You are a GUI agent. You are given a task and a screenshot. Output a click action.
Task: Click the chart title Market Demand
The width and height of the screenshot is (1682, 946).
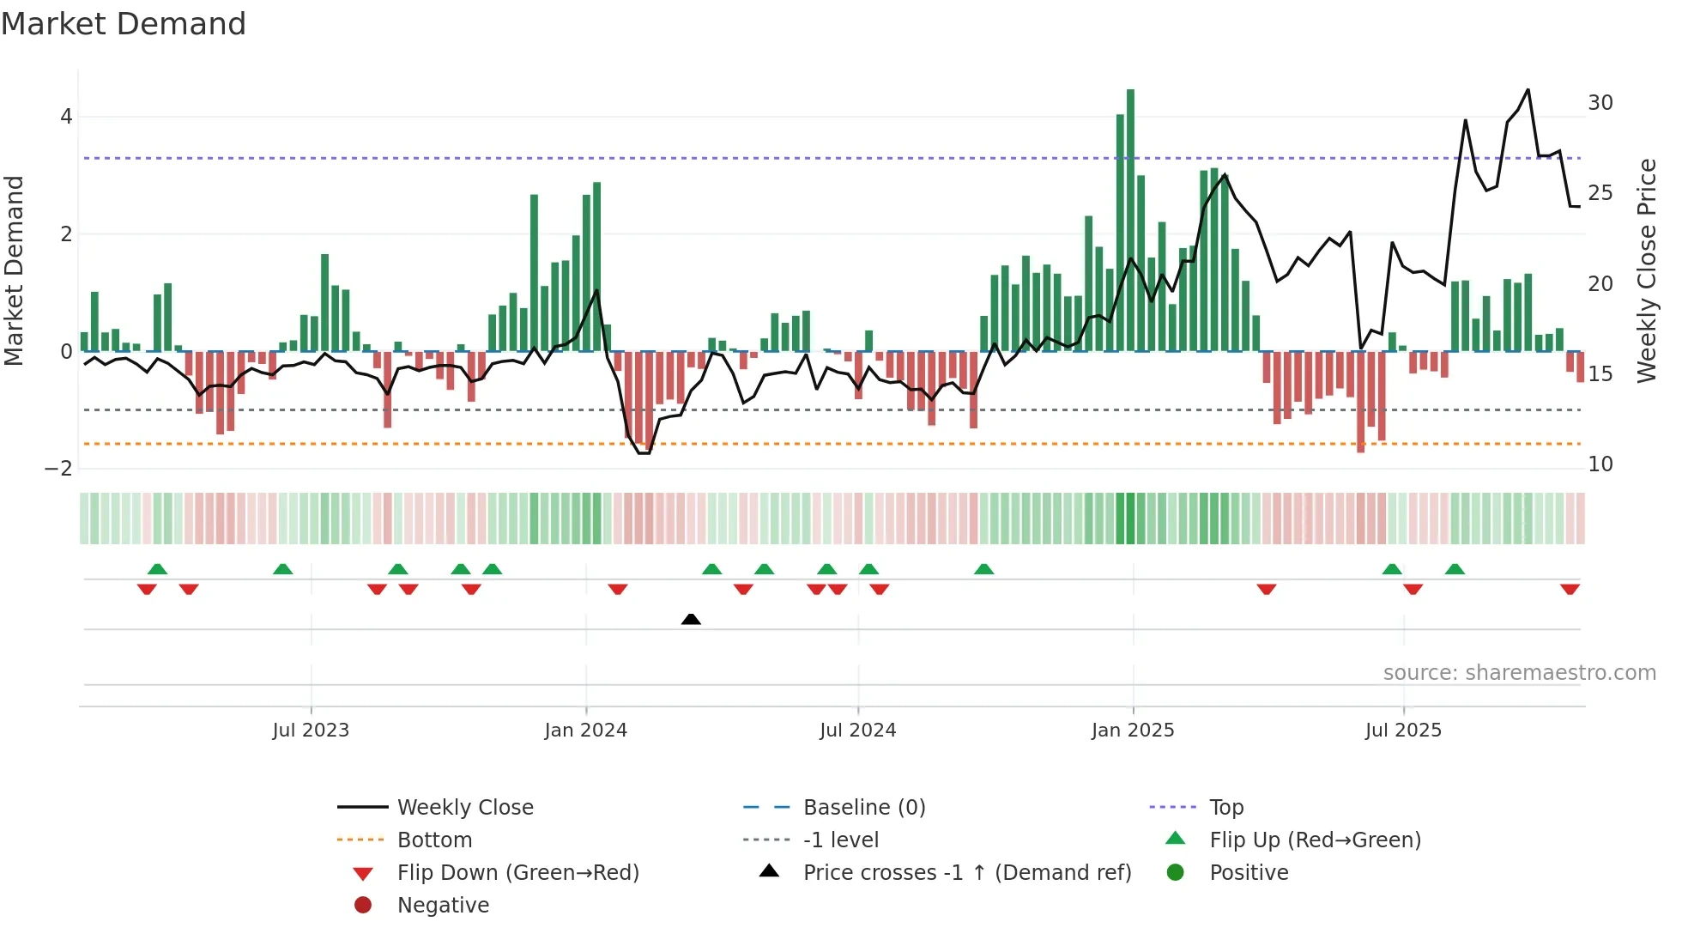[x=124, y=24]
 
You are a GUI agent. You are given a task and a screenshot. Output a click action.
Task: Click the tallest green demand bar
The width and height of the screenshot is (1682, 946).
[x=1130, y=220]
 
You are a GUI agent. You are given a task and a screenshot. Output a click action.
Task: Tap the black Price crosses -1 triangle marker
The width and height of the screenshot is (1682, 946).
[x=691, y=619]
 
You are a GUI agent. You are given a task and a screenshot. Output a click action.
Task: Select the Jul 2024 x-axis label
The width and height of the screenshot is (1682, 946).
[x=857, y=731]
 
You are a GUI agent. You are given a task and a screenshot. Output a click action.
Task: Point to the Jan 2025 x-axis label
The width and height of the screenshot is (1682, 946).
[x=1132, y=731]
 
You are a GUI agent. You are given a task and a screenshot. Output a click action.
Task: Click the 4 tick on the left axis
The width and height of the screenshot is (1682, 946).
[x=66, y=117]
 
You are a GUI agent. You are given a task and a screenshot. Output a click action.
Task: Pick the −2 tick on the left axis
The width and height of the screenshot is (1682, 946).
[x=58, y=469]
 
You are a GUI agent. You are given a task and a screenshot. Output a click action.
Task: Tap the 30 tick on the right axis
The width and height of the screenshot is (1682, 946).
[x=1600, y=103]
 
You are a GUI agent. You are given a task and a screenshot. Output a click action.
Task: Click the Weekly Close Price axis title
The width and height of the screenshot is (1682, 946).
[x=1646, y=270]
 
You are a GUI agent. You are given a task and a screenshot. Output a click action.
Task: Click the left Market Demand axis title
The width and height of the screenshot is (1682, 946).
[x=15, y=270]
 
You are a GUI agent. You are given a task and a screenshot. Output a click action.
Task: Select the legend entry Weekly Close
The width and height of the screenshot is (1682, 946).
[x=464, y=808]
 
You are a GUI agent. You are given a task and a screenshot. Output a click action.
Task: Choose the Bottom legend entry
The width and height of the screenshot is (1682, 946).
[x=434, y=840]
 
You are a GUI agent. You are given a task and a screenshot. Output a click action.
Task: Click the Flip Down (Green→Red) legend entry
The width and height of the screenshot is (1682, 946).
[x=517, y=873]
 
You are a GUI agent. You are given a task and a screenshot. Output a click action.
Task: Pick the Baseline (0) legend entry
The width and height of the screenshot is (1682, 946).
[x=863, y=808]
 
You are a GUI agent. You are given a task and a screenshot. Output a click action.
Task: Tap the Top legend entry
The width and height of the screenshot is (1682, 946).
[x=1225, y=808]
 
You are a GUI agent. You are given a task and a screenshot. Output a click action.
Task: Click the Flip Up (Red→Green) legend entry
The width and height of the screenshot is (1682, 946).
[x=1315, y=840]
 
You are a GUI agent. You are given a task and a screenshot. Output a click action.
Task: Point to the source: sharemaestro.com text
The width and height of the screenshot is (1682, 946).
[x=1519, y=673]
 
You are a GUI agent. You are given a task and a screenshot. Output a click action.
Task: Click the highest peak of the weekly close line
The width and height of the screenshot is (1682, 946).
[x=1528, y=90]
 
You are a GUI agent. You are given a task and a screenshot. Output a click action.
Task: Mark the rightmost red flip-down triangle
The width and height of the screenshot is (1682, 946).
[x=1570, y=589]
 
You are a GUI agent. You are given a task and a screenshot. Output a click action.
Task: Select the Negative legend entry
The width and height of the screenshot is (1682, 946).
[x=443, y=906]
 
